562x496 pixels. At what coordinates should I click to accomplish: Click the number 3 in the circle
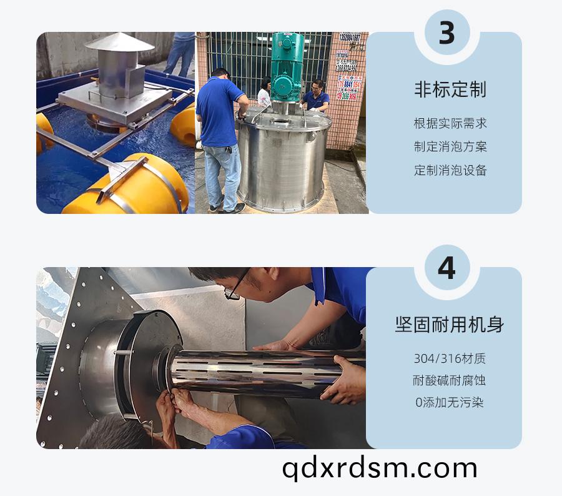pyautogui.click(x=446, y=33)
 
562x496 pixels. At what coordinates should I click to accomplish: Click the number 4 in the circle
pyautogui.click(x=446, y=268)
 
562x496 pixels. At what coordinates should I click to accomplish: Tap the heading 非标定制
pyautogui.click(x=450, y=89)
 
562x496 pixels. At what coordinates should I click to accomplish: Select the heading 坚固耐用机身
pyautogui.click(x=450, y=325)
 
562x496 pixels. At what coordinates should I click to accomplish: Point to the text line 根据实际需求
pyautogui.click(x=450, y=123)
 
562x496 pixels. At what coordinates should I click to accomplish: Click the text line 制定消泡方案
pyautogui.click(x=450, y=147)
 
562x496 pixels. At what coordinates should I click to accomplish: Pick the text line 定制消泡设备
pyautogui.click(x=450, y=170)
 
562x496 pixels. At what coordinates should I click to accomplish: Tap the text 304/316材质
pyautogui.click(x=450, y=358)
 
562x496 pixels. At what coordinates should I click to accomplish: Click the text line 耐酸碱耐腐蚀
pyautogui.click(x=449, y=380)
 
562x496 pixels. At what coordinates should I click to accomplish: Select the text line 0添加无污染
pyautogui.click(x=450, y=402)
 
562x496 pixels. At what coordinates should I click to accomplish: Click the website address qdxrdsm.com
pyautogui.click(x=380, y=468)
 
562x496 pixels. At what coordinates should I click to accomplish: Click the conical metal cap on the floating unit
pyautogui.click(x=120, y=42)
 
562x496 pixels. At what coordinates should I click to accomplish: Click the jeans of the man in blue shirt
pyautogui.click(x=222, y=176)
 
